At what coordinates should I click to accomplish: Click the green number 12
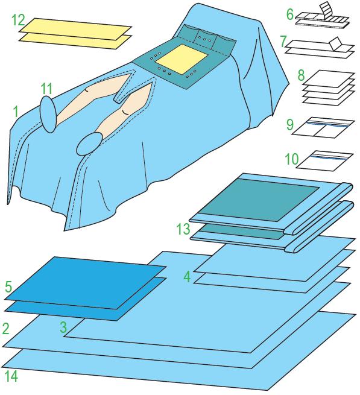point(18,20)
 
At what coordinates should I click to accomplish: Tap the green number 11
point(46,89)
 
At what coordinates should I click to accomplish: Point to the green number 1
point(16,112)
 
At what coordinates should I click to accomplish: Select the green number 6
point(290,14)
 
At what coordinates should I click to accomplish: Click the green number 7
point(283,42)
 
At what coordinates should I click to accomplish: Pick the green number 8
point(301,75)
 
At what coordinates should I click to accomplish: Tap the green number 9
point(290,124)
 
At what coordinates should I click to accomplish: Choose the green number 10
point(292,159)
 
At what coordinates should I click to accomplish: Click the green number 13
point(183,229)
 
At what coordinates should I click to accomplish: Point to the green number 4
point(187,277)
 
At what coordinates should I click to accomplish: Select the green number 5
point(8,286)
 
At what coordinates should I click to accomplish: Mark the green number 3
point(63,327)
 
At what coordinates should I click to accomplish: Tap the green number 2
point(5,329)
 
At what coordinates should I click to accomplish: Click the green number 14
point(11,376)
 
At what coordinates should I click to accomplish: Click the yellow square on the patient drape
point(182,59)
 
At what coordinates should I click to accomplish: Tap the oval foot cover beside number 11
point(48,114)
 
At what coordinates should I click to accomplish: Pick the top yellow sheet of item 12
point(75,29)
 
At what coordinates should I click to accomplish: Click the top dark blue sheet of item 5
point(86,283)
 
